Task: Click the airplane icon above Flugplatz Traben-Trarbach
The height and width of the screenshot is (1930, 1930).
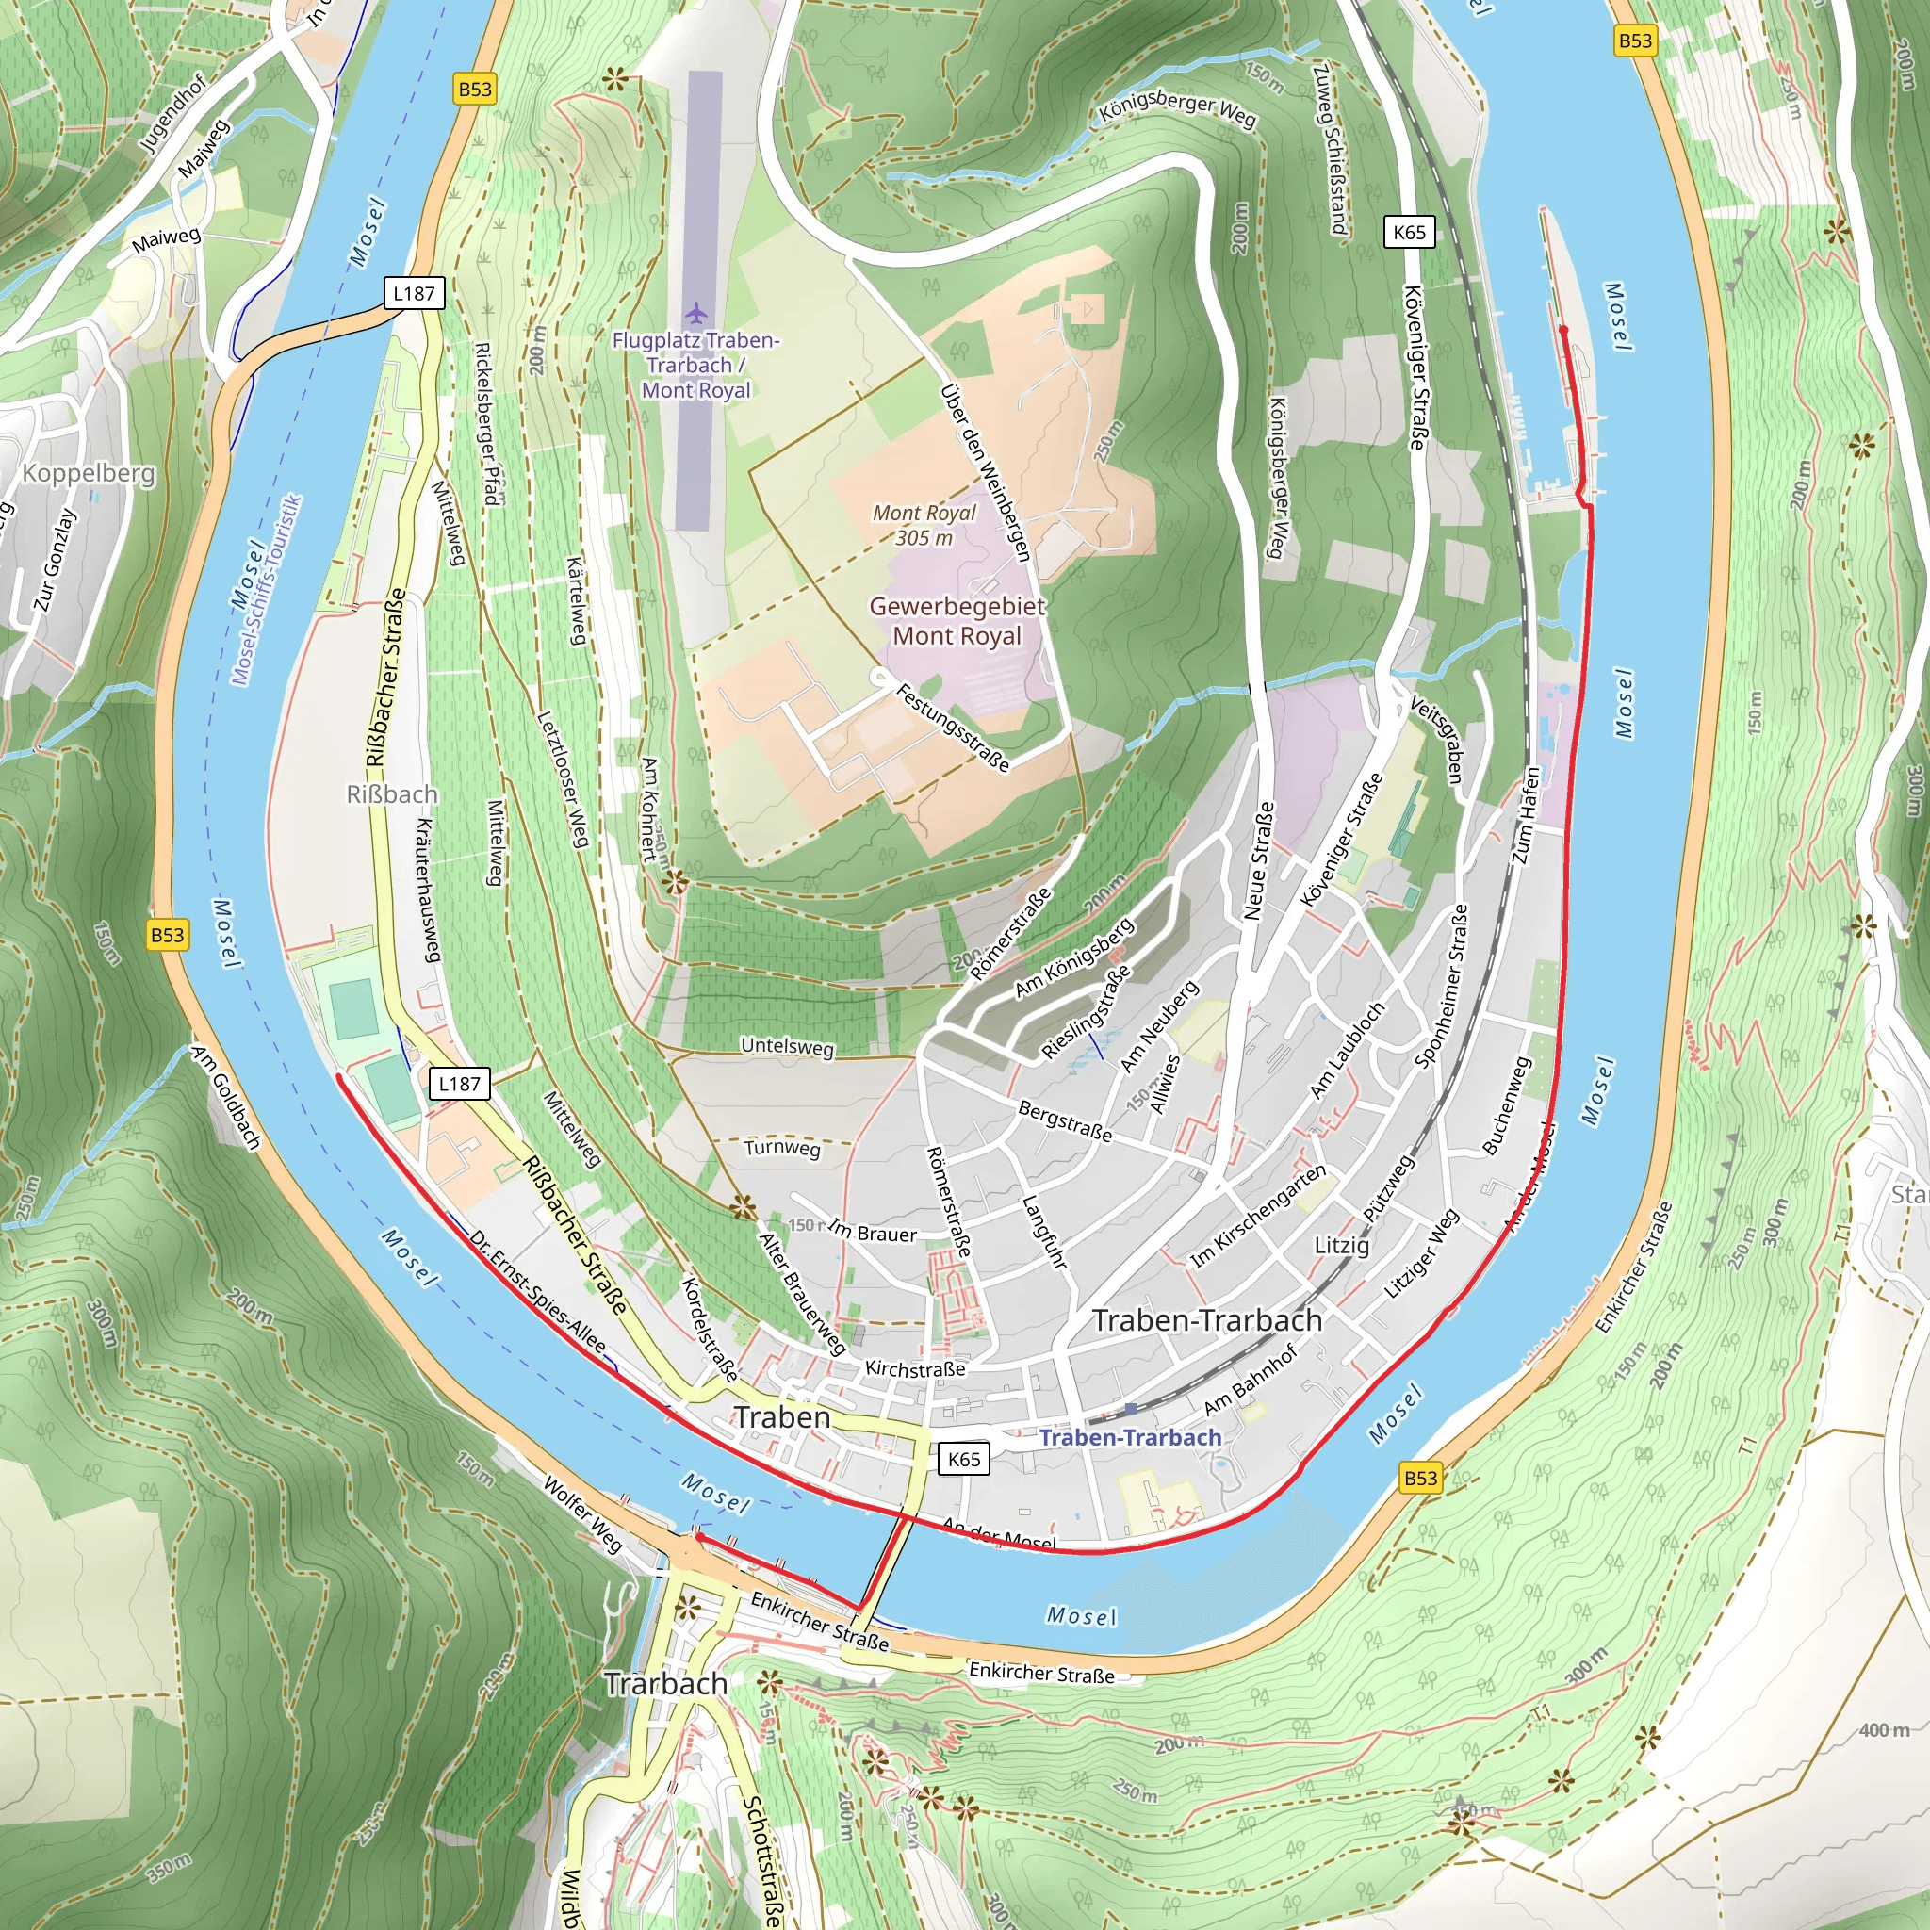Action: (695, 314)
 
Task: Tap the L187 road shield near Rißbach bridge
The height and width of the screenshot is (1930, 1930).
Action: (414, 293)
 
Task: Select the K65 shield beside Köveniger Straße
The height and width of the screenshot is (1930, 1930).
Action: (1409, 232)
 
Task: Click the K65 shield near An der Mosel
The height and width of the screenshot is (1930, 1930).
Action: (963, 1459)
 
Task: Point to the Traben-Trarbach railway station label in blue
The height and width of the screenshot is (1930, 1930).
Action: (1130, 1437)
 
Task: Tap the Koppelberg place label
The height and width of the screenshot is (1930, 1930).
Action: (88, 472)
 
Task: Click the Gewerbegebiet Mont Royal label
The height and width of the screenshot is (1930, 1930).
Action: (957, 620)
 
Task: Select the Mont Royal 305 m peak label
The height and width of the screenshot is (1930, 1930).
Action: (924, 525)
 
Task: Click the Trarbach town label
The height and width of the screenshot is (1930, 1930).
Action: (665, 1683)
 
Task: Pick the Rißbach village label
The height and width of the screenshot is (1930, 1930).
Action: (392, 794)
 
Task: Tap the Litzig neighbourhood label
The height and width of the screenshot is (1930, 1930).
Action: (1342, 1246)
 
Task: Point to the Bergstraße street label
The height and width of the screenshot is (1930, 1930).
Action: (1065, 1120)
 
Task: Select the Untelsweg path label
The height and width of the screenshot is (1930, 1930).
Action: (787, 1046)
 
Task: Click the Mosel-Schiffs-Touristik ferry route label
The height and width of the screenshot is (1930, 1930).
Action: (267, 590)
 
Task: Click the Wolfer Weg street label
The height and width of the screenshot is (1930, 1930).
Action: (582, 1513)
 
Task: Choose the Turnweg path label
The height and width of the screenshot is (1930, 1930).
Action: (782, 1148)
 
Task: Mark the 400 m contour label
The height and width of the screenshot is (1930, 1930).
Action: (1883, 1730)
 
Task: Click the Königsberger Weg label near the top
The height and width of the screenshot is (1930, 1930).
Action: (1178, 109)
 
